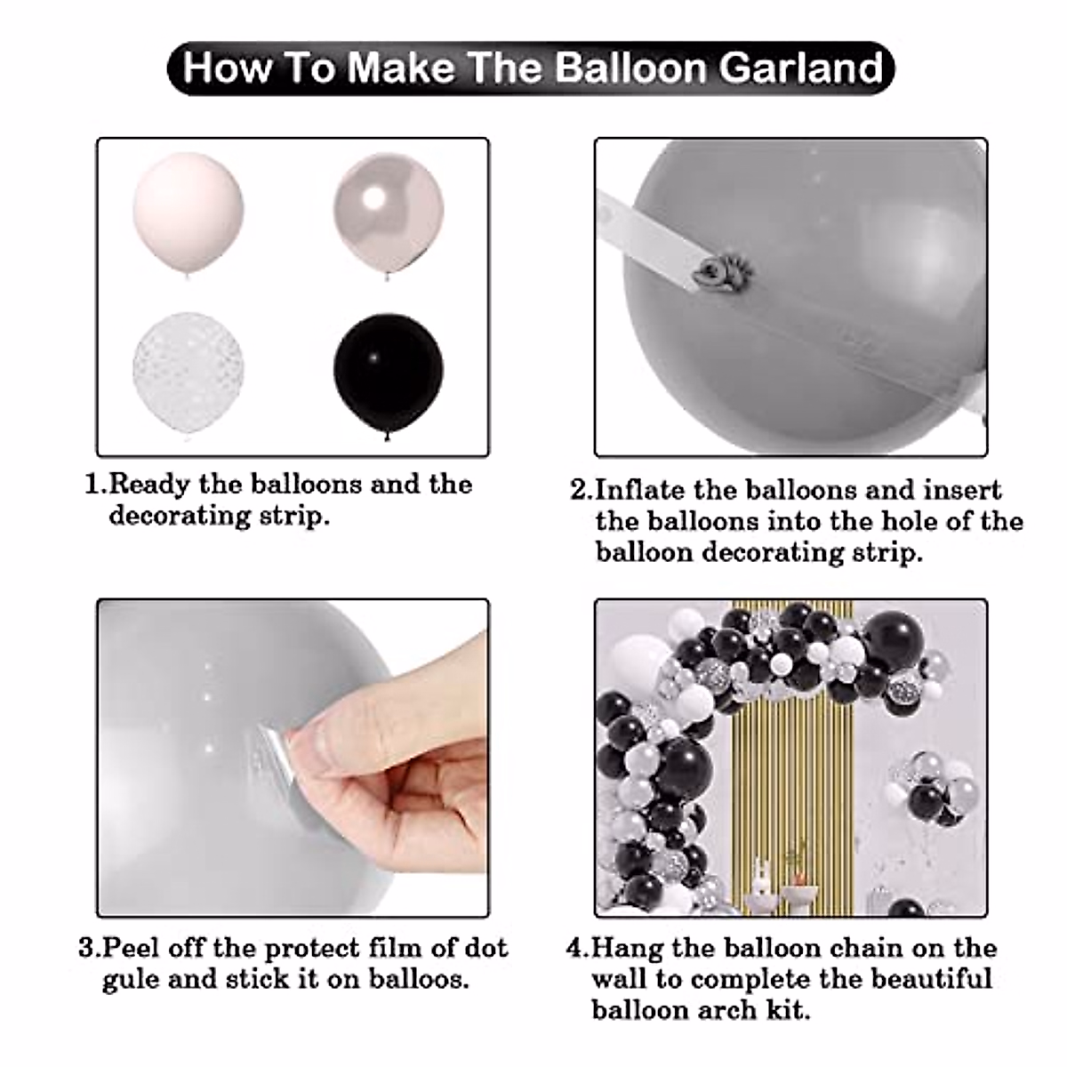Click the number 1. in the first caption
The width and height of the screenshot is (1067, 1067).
coord(94,485)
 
